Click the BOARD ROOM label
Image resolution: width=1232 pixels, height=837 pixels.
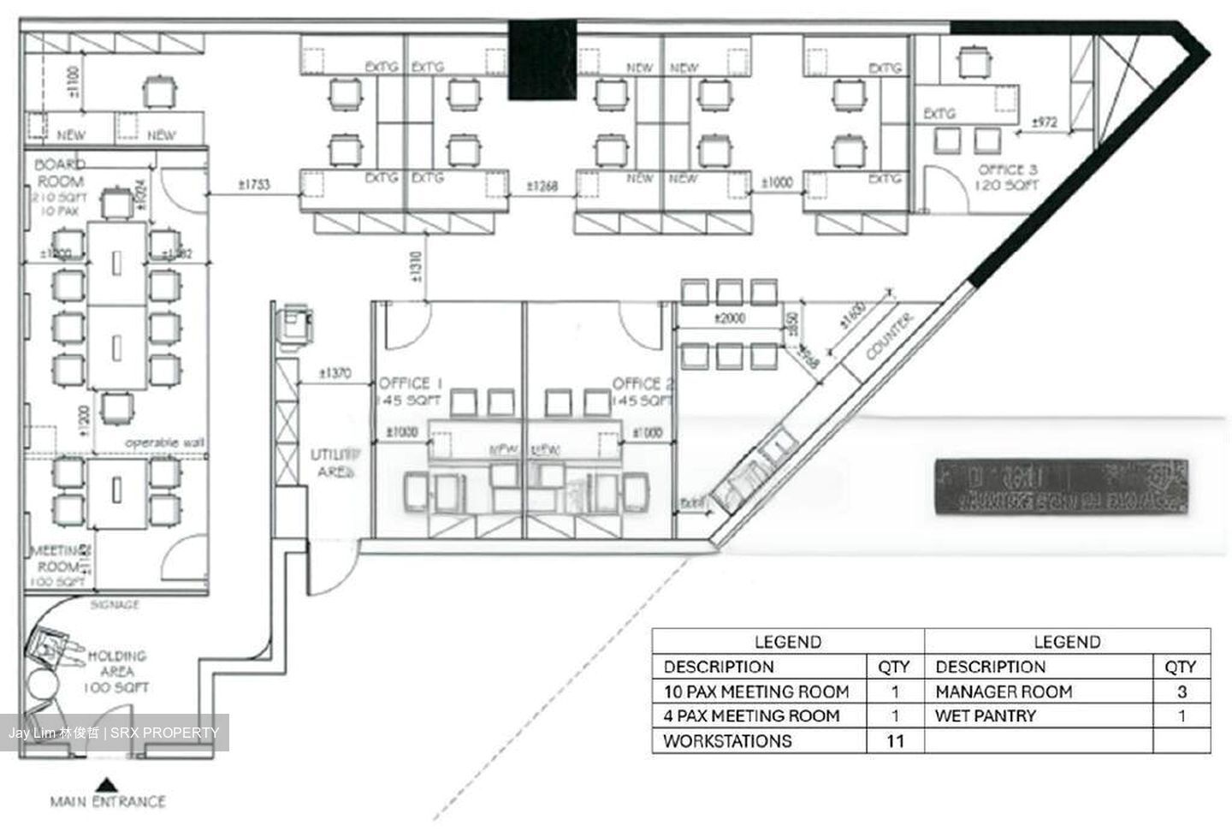point(60,173)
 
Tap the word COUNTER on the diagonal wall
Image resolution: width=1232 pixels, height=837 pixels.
point(890,336)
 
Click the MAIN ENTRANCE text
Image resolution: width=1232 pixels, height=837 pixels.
point(107,802)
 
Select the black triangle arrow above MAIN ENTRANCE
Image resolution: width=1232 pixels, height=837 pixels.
point(106,782)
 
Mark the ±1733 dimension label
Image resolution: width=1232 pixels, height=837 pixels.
point(254,184)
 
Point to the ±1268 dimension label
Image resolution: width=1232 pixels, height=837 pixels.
point(542,185)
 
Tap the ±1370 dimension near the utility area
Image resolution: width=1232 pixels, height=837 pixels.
point(335,373)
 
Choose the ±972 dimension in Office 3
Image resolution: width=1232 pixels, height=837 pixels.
point(1045,122)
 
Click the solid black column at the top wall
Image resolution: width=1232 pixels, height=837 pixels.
point(542,58)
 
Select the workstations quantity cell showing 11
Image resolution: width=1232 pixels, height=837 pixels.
point(894,741)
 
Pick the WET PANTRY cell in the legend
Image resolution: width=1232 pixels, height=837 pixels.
point(986,715)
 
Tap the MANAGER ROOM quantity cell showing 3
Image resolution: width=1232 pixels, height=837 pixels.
point(1182,692)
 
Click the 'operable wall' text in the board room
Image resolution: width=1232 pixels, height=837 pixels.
point(164,442)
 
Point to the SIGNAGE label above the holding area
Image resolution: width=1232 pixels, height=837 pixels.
point(115,604)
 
